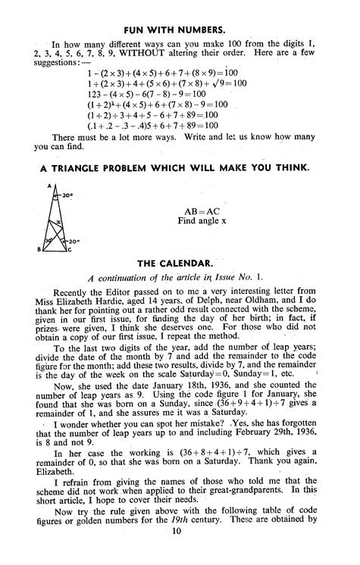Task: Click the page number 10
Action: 179,561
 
